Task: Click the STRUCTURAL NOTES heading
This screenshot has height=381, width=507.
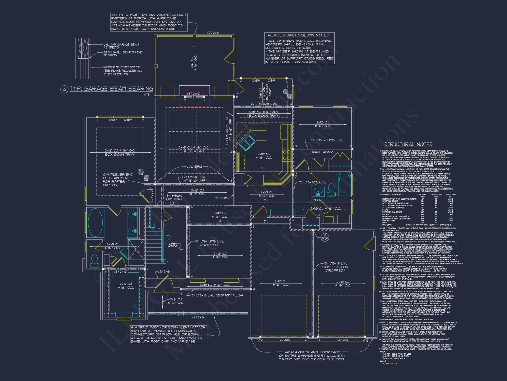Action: click(x=408, y=145)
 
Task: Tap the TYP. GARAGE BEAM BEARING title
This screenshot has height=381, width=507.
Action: click(x=111, y=89)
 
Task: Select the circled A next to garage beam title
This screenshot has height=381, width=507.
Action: click(x=64, y=89)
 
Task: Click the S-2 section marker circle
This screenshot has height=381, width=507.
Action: click(x=325, y=237)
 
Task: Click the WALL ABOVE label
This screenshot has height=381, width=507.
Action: click(x=323, y=152)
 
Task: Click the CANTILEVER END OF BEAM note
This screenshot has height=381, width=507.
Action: click(x=118, y=180)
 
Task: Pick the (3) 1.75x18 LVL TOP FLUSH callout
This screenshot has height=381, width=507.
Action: click(x=335, y=267)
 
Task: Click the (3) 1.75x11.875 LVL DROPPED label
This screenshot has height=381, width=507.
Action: click(x=209, y=243)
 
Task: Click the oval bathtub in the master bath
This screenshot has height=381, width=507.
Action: click(x=96, y=223)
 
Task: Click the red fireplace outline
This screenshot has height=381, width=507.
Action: click(x=194, y=98)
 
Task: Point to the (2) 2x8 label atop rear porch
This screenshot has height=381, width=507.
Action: click(x=213, y=33)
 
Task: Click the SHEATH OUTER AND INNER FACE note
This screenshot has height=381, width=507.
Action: click(x=312, y=356)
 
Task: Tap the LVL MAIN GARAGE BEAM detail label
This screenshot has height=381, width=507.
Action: click(x=121, y=46)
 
